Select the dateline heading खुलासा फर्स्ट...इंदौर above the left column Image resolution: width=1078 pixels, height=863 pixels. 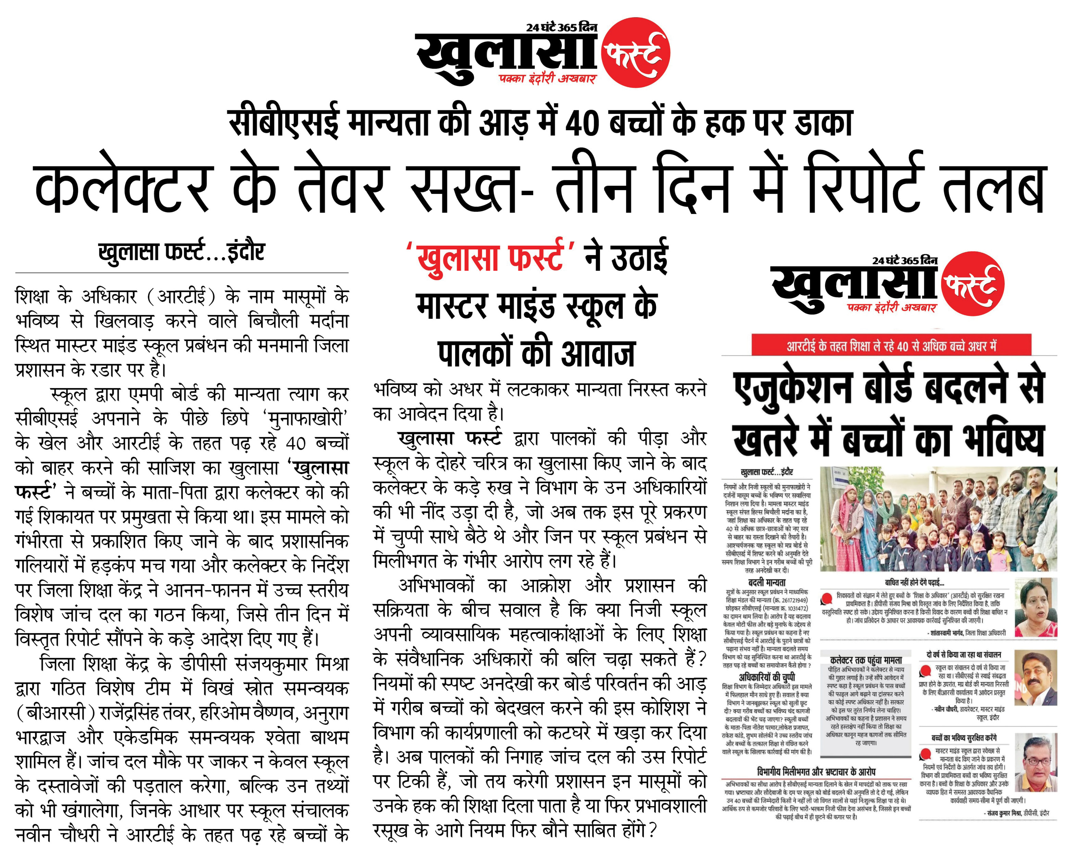point(181,251)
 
